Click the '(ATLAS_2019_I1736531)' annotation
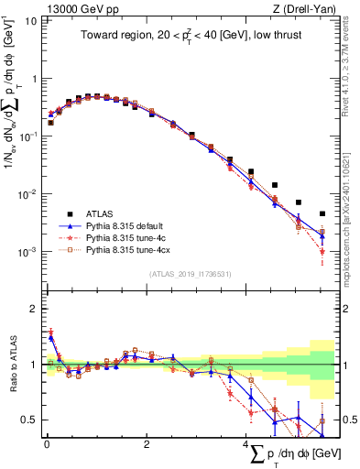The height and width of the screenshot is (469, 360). point(191,272)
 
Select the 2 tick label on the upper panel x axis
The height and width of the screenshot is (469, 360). point(147,292)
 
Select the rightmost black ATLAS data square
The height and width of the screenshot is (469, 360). point(322,213)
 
